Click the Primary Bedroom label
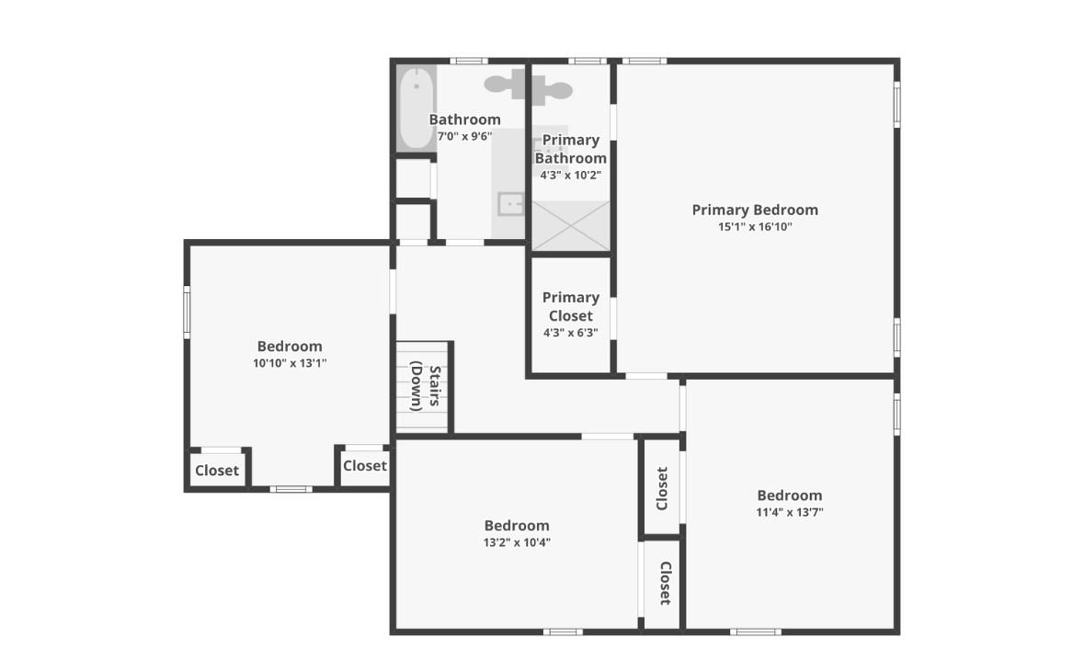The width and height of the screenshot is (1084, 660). (755, 210)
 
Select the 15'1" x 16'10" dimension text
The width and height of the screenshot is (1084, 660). (755, 227)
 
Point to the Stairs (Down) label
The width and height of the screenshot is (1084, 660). (426, 387)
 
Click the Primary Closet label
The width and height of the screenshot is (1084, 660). (570, 306)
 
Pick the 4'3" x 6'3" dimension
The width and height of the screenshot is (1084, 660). (570, 333)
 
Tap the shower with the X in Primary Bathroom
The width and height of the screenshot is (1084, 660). (571, 225)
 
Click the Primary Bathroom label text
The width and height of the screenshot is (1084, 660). (570, 149)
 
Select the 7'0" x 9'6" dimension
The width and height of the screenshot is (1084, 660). (464, 136)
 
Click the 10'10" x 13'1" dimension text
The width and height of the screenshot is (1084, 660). (290, 363)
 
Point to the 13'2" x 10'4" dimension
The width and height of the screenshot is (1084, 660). (517, 542)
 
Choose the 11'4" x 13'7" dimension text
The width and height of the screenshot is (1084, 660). (789, 512)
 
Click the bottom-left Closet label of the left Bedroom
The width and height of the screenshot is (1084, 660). (217, 471)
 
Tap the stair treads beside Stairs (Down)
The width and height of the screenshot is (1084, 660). (405, 387)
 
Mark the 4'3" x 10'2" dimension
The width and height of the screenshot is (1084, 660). (570, 175)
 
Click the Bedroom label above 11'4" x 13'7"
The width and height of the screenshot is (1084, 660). (789, 495)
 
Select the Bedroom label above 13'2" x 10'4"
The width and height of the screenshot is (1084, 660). (517, 525)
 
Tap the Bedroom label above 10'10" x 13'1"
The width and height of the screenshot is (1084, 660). (290, 346)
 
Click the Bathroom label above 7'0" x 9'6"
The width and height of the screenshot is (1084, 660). (464, 119)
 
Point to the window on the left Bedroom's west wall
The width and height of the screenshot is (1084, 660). (187, 312)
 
